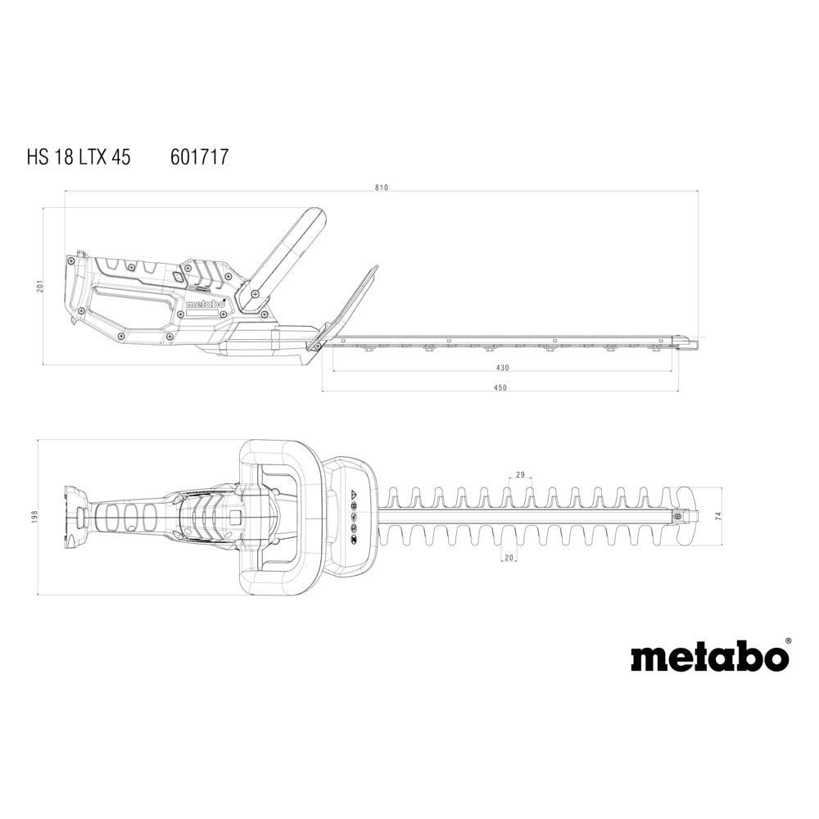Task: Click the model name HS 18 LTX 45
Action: coord(79,156)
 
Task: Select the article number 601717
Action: coord(200,156)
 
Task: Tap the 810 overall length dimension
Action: coord(382,188)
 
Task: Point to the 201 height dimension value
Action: coord(39,286)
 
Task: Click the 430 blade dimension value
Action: coord(502,368)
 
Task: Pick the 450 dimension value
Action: coord(500,387)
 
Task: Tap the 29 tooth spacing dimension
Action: coord(520,475)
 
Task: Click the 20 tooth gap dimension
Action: coord(509,558)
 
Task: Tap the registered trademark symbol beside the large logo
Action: coord(788,640)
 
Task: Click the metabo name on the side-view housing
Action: coord(206,304)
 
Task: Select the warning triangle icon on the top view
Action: coord(354,494)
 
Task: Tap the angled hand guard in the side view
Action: coord(345,308)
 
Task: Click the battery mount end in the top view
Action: coord(74,517)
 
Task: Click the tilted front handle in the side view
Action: coord(283,260)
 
